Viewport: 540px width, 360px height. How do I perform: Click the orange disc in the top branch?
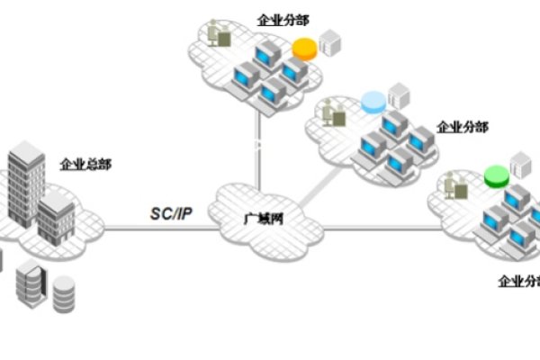(x=307, y=48)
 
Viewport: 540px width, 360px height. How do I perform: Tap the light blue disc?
(x=373, y=103)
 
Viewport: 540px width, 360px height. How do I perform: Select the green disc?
(x=494, y=175)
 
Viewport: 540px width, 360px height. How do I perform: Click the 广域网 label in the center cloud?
(x=261, y=220)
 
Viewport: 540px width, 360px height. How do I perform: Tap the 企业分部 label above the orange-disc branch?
(x=283, y=18)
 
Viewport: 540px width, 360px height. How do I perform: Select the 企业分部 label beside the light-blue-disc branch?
(x=462, y=127)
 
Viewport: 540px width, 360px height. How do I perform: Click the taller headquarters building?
(x=26, y=184)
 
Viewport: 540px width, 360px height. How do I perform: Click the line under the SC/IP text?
(x=162, y=227)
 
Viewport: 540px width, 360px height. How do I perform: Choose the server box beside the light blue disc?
(x=397, y=96)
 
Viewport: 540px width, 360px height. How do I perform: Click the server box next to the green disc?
(x=519, y=166)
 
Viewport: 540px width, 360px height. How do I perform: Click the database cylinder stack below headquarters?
(x=63, y=293)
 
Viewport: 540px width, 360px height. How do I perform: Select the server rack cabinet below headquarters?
(x=29, y=283)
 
